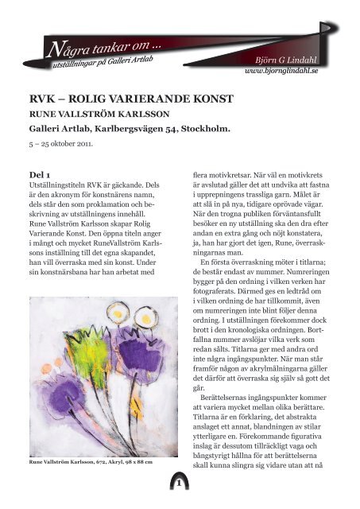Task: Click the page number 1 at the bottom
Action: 180,483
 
